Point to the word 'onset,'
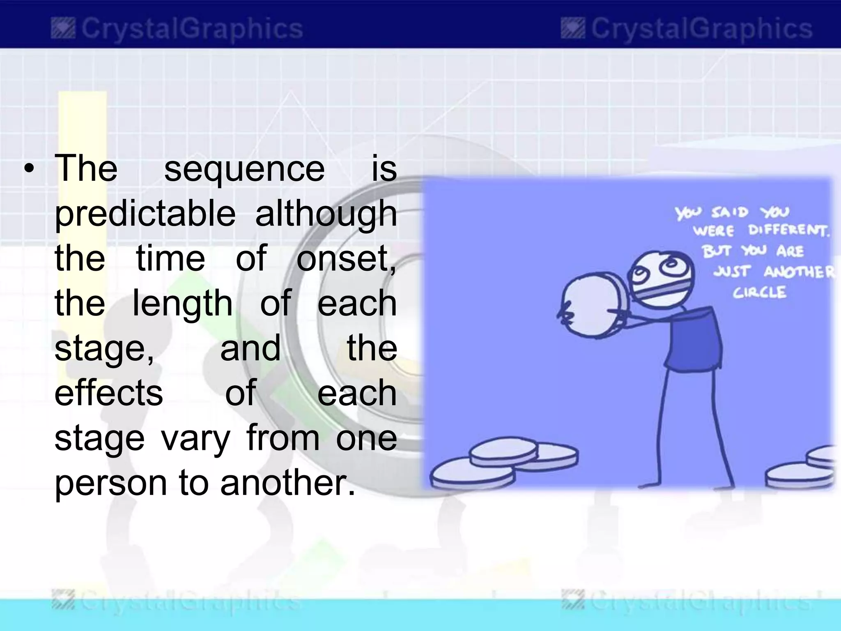click(x=346, y=259)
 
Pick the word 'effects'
click(x=108, y=393)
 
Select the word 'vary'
click(x=195, y=438)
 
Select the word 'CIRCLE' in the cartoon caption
click(x=760, y=292)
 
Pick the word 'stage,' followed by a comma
click(x=104, y=348)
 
